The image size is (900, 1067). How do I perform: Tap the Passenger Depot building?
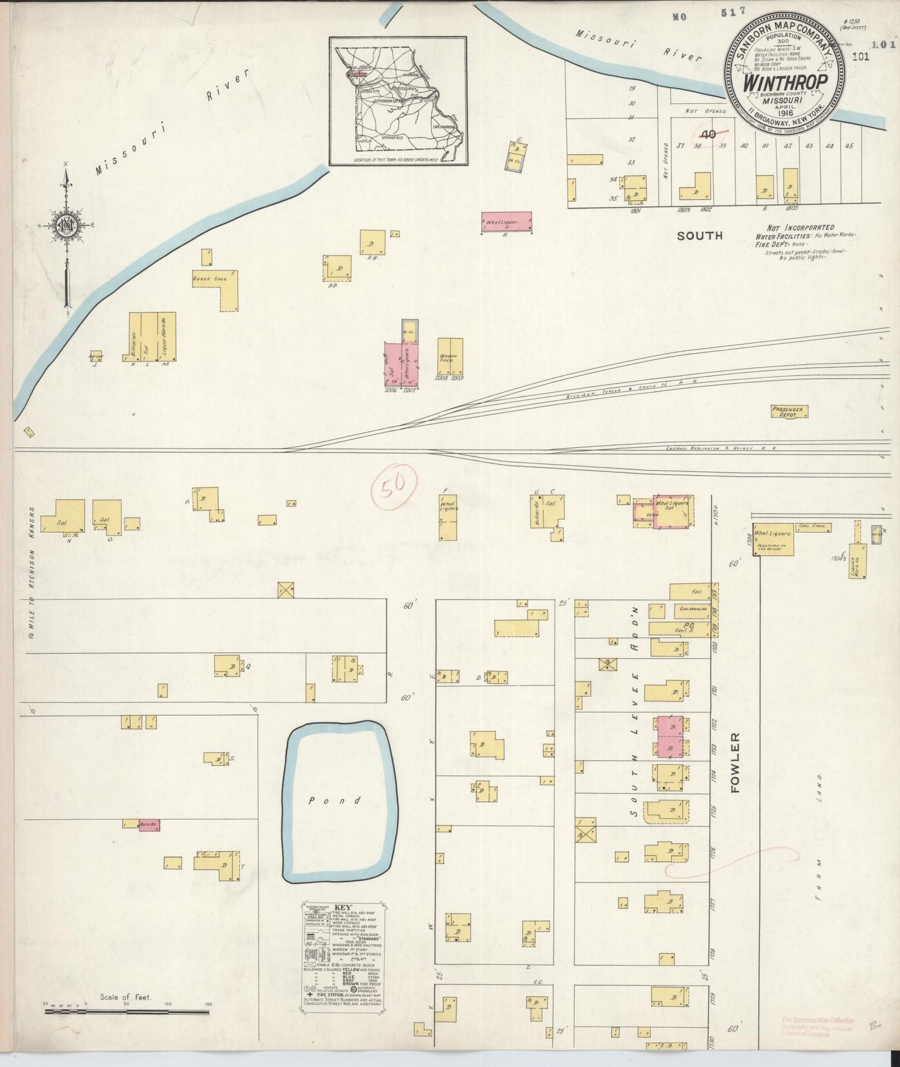pyautogui.click(x=789, y=411)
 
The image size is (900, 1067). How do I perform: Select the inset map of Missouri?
pyautogui.click(x=397, y=101)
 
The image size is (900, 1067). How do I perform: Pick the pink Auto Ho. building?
pyautogui.click(x=149, y=824)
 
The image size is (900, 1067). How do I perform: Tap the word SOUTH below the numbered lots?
pyautogui.click(x=700, y=235)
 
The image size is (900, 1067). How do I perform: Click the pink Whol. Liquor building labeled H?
pyautogui.click(x=507, y=220)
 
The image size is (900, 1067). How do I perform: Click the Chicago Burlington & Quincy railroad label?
pyautogui.click(x=710, y=448)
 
